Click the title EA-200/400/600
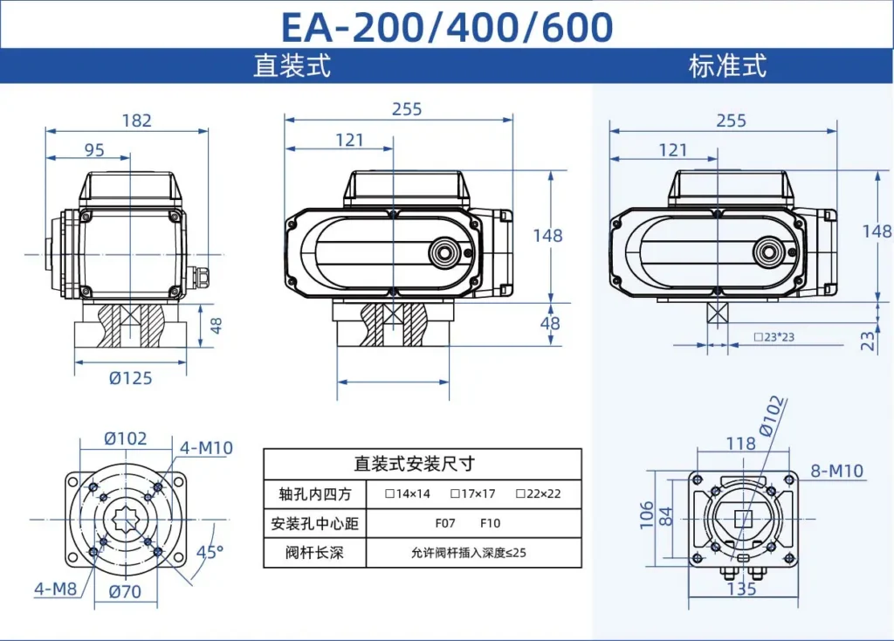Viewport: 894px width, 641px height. pyautogui.click(x=446, y=26)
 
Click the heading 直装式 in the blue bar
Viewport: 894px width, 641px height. pyautogui.click(x=292, y=66)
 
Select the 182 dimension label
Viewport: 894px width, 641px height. pyautogui.click(x=136, y=121)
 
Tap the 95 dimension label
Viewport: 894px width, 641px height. pyautogui.click(x=94, y=150)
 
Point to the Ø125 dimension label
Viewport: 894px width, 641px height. pyautogui.click(x=130, y=378)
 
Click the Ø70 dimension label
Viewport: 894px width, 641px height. pyautogui.click(x=126, y=592)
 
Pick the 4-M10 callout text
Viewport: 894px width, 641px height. pyautogui.click(x=206, y=448)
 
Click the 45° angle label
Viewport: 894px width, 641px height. pyautogui.click(x=210, y=552)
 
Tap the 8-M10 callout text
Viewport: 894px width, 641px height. pyautogui.click(x=836, y=472)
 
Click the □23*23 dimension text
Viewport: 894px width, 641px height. pyautogui.click(x=774, y=337)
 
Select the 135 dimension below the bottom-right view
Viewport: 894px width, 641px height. pyautogui.click(x=741, y=589)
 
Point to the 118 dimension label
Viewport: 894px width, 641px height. pyautogui.click(x=740, y=444)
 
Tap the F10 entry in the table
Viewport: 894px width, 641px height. pyautogui.click(x=490, y=524)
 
